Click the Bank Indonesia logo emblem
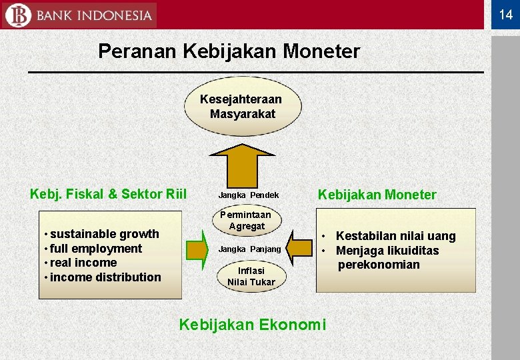pos(17,15)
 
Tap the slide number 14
pos(505,15)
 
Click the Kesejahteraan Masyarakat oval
pos(243,106)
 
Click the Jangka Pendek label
pos(249,196)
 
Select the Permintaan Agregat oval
pos(246,221)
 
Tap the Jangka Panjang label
pos(250,249)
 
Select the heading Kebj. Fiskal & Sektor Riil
pos(108,195)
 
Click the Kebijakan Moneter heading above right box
pos(377,195)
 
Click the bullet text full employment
pos(96,249)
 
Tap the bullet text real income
pos(83,263)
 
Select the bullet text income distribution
pos(105,277)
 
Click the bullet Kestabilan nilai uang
pos(395,236)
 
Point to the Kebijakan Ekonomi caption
pos(253,325)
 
